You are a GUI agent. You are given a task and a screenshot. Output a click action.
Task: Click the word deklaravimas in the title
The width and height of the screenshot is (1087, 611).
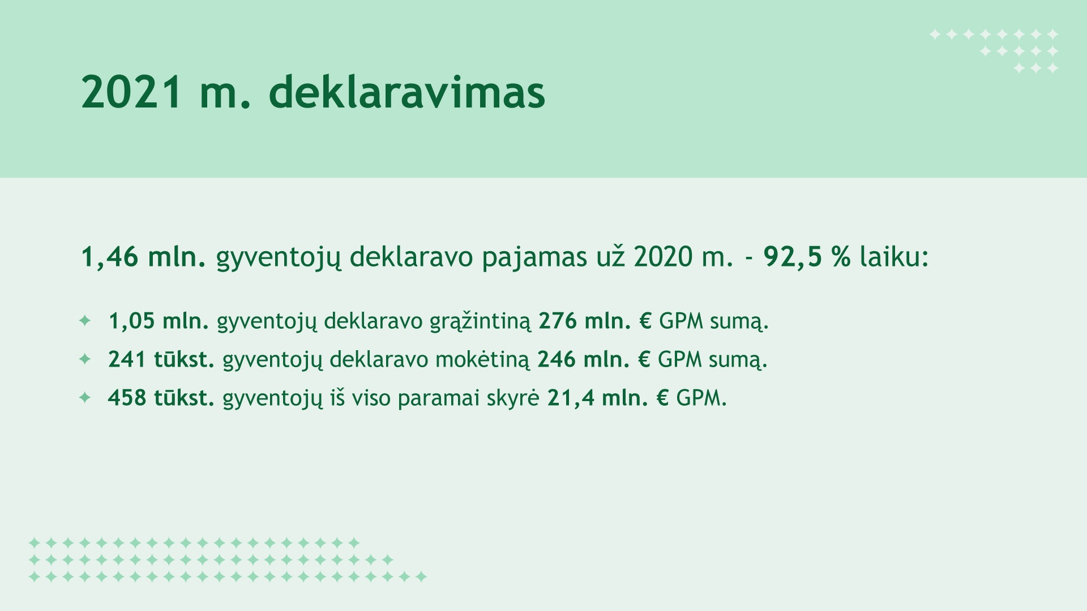pyautogui.click(x=406, y=91)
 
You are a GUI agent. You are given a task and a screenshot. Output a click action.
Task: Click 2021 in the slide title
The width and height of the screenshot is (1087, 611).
pyautogui.click(x=132, y=92)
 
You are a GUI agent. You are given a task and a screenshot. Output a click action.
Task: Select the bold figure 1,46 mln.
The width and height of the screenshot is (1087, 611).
pyautogui.click(x=143, y=257)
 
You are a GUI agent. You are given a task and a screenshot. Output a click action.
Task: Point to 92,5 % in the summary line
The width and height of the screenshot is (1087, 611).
pyautogui.click(x=807, y=257)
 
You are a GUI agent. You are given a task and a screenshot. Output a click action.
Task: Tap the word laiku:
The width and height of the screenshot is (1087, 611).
pyautogui.click(x=895, y=257)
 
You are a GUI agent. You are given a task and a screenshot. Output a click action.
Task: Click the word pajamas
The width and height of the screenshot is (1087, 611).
pyautogui.click(x=534, y=258)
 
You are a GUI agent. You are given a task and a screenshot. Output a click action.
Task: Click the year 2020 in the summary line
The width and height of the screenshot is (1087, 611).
pyautogui.click(x=663, y=257)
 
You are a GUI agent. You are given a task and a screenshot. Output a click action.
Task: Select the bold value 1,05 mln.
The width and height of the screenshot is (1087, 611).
pyautogui.click(x=159, y=321)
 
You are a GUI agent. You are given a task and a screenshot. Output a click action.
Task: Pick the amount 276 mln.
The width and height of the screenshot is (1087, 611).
pyautogui.click(x=585, y=321)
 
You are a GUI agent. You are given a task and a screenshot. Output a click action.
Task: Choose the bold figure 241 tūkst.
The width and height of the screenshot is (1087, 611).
pyautogui.click(x=161, y=360)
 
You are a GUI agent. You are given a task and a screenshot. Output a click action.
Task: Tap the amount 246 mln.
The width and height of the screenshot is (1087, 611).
pyautogui.click(x=583, y=360)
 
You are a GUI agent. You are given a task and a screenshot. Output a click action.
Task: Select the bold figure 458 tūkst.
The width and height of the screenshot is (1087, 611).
pyautogui.click(x=161, y=398)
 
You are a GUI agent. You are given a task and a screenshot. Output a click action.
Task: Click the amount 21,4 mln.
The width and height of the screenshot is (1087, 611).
pyautogui.click(x=597, y=398)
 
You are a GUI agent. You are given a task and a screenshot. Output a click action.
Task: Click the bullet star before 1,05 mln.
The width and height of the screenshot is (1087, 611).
pyautogui.click(x=85, y=321)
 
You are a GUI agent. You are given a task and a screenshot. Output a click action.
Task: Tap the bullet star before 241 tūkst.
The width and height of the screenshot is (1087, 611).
pyautogui.click(x=85, y=359)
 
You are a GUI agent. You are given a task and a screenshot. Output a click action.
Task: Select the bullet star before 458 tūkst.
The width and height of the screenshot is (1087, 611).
pyautogui.click(x=85, y=398)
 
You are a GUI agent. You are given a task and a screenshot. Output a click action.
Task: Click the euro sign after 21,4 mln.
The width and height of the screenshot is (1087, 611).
pyautogui.click(x=662, y=398)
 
